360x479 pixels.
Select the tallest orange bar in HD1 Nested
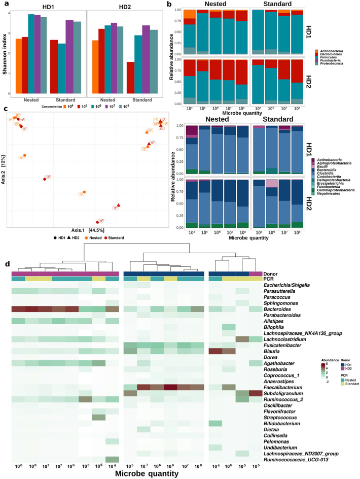pyautogui.click(x=19, y=66)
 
